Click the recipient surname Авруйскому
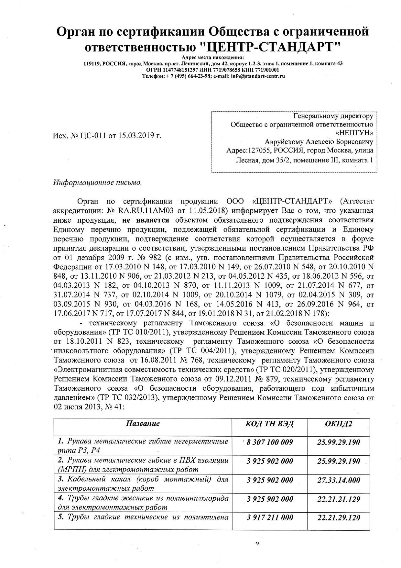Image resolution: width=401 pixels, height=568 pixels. coord(286,142)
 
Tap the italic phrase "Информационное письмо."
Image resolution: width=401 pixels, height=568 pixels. coord(97,183)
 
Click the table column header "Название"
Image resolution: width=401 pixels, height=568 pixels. coord(143,423)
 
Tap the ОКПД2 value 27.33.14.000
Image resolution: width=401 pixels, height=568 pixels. coord(339,480)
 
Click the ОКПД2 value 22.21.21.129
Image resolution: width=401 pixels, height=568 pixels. coord(339,499)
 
